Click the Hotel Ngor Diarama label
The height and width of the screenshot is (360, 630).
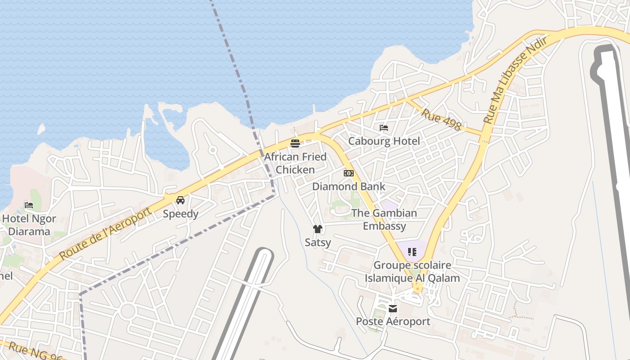point(29,225)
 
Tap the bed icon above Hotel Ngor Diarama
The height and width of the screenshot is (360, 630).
point(29,205)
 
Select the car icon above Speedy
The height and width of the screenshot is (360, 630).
point(180,200)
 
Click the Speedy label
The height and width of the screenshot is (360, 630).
point(180,214)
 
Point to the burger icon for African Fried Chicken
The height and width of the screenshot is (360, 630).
point(295,144)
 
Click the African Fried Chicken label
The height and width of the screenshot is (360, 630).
point(295,163)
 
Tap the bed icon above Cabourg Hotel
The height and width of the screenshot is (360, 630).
point(384,128)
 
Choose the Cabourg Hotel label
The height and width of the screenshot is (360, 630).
point(384,141)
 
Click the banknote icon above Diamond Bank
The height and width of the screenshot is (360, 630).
point(349,173)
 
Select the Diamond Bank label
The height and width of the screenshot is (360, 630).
point(349,186)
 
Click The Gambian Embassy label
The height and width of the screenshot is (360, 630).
point(384,220)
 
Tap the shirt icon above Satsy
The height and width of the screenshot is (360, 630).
point(318,229)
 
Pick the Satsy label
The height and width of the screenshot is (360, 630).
point(318,243)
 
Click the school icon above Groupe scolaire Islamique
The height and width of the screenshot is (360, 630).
point(412,252)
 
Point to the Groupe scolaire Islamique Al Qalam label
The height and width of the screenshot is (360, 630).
point(412,272)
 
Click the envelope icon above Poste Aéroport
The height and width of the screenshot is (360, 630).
point(393,308)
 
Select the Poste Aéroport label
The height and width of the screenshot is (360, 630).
point(393,322)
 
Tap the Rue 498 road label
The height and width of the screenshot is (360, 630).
point(441,119)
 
